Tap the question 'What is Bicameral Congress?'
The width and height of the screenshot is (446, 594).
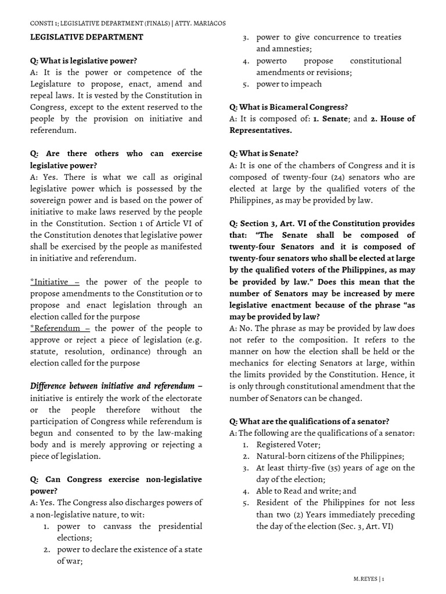tap(289, 107)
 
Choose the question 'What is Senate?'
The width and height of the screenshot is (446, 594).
tap(264, 153)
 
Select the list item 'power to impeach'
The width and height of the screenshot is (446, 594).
tap(289, 84)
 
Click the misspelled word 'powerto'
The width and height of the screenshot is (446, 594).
tap(273, 60)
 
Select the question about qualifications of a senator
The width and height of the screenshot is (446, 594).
tap(310, 421)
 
